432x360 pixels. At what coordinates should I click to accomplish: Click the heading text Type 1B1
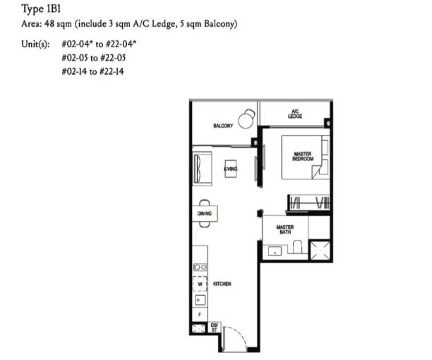[x=41, y=8]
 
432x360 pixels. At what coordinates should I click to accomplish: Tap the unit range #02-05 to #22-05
[x=94, y=58]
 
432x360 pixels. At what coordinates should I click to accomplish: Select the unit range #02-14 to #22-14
[x=93, y=71]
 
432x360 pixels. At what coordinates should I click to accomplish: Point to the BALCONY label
[x=223, y=126]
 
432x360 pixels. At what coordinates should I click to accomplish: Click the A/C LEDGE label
[x=295, y=114]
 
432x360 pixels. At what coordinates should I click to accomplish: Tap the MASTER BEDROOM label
[x=303, y=156]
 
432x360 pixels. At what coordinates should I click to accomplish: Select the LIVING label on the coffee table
[x=231, y=169]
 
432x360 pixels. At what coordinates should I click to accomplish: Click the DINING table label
[x=205, y=213]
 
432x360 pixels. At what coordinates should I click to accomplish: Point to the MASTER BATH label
[x=285, y=229]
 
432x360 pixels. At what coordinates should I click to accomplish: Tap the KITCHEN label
[x=222, y=284]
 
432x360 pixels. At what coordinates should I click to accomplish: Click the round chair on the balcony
[x=246, y=119]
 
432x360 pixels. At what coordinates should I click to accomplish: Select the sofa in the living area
[x=202, y=169]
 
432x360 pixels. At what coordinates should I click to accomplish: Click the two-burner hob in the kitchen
[x=200, y=268]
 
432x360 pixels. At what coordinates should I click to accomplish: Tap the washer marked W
[x=200, y=284]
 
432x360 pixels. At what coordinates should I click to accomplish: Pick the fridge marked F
[x=200, y=314]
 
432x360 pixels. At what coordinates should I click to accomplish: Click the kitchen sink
[x=200, y=300]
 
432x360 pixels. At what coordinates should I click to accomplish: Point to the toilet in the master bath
[x=297, y=247]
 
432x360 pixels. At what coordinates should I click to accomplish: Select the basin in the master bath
[x=275, y=251]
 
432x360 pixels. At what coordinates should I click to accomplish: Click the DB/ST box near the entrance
[x=215, y=328]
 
